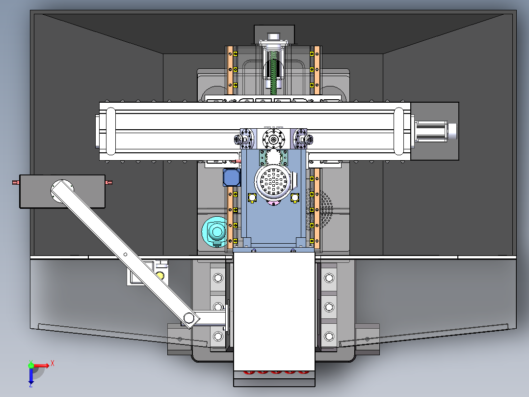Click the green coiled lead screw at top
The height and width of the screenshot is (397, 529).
pyautogui.click(x=273, y=73)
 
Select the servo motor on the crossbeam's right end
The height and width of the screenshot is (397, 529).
pyautogui.click(x=436, y=131)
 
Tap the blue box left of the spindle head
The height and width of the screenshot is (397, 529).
pyautogui.click(x=232, y=177)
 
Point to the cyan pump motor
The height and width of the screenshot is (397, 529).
pyautogui.click(x=215, y=232)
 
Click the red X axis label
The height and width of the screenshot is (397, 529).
pyautogui.click(x=53, y=364)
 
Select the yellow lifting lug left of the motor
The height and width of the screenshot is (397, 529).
pyautogui.click(x=252, y=198)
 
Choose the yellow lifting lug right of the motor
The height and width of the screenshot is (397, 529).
pyautogui.click(x=294, y=198)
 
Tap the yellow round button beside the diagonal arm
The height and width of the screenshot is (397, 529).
pyautogui.click(x=160, y=275)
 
